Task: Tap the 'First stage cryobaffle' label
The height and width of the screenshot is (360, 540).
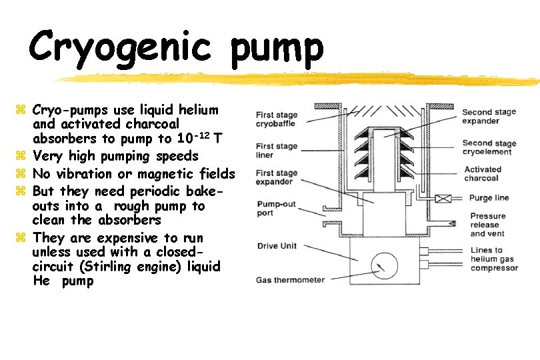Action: [277, 119]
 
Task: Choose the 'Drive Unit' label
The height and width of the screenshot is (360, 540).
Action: [277, 246]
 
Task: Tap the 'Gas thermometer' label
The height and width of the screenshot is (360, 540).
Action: [290, 279]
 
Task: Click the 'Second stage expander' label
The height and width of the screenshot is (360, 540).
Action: [489, 117]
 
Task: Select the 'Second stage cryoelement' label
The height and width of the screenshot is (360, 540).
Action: [489, 147]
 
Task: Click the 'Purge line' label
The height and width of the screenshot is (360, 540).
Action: [489, 198]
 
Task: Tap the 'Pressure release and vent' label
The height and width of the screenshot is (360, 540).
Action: [488, 225]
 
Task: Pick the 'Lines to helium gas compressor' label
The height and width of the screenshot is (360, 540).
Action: [493, 259]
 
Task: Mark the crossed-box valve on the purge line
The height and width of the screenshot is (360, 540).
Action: [441, 198]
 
